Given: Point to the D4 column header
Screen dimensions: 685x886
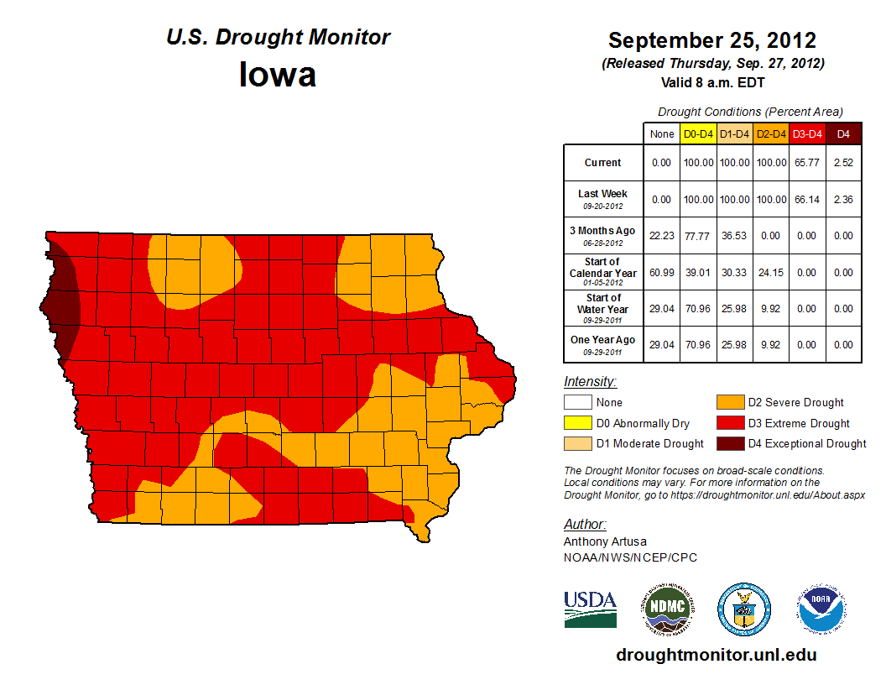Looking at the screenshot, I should pos(843,133).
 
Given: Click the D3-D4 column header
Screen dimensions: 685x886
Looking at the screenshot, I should pos(807,133).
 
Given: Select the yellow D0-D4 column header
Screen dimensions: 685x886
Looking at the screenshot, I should pos(697,133).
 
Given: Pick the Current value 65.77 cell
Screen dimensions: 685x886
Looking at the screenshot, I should pos(807,163).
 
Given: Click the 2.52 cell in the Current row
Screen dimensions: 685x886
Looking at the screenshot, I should pos(843,163).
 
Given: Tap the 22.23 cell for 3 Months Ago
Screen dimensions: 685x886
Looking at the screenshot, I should pos(662,236).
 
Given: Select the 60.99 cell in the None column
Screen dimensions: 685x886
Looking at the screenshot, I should pos(662,273).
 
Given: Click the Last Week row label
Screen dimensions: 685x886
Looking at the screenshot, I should pos(602,199).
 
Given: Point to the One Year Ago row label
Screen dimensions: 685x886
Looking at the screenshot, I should pos(602,344).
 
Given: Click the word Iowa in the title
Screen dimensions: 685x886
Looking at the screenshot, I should pos(278,75).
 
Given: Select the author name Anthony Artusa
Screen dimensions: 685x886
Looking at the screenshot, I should pos(605,541).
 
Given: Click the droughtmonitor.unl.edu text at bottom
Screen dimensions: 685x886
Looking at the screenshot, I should pos(716,655).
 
